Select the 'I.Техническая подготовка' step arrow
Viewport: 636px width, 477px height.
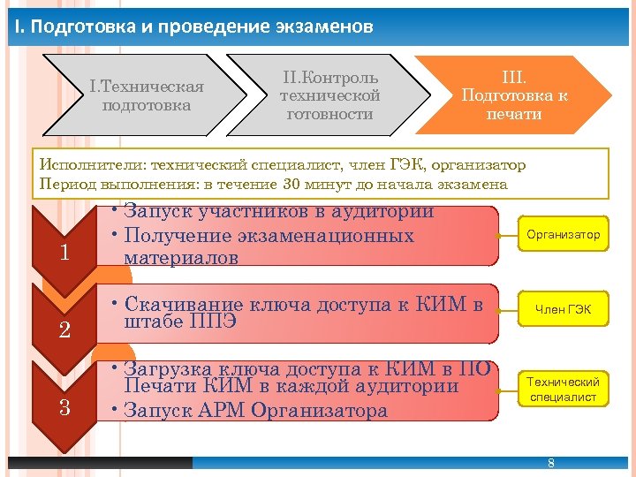(x=147, y=95)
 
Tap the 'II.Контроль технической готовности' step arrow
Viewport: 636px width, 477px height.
(x=329, y=95)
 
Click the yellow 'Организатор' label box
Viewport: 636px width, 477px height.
(x=563, y=234)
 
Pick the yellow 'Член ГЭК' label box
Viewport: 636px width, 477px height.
(x=563, y=309)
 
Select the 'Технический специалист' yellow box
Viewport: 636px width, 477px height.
(x=563, y=390)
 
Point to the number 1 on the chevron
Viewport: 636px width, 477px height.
(x=64, y=254)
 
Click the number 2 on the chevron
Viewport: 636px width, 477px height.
(x=64, y=331)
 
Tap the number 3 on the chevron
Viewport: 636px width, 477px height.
(x=64, y=408)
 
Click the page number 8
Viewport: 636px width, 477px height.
(x=551, y=464)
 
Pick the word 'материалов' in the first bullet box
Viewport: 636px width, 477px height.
(x=181, y=258)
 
